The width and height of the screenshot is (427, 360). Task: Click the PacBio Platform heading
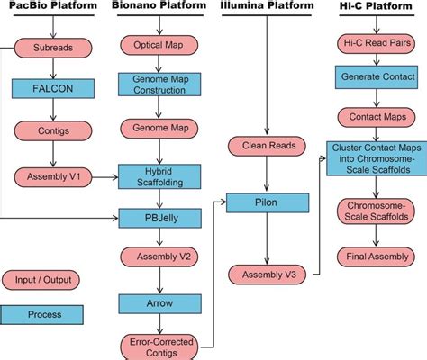[x=49, y=7]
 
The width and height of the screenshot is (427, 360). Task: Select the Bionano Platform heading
[x=157, y=7]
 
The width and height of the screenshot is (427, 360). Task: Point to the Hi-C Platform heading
[x=370, y=7]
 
